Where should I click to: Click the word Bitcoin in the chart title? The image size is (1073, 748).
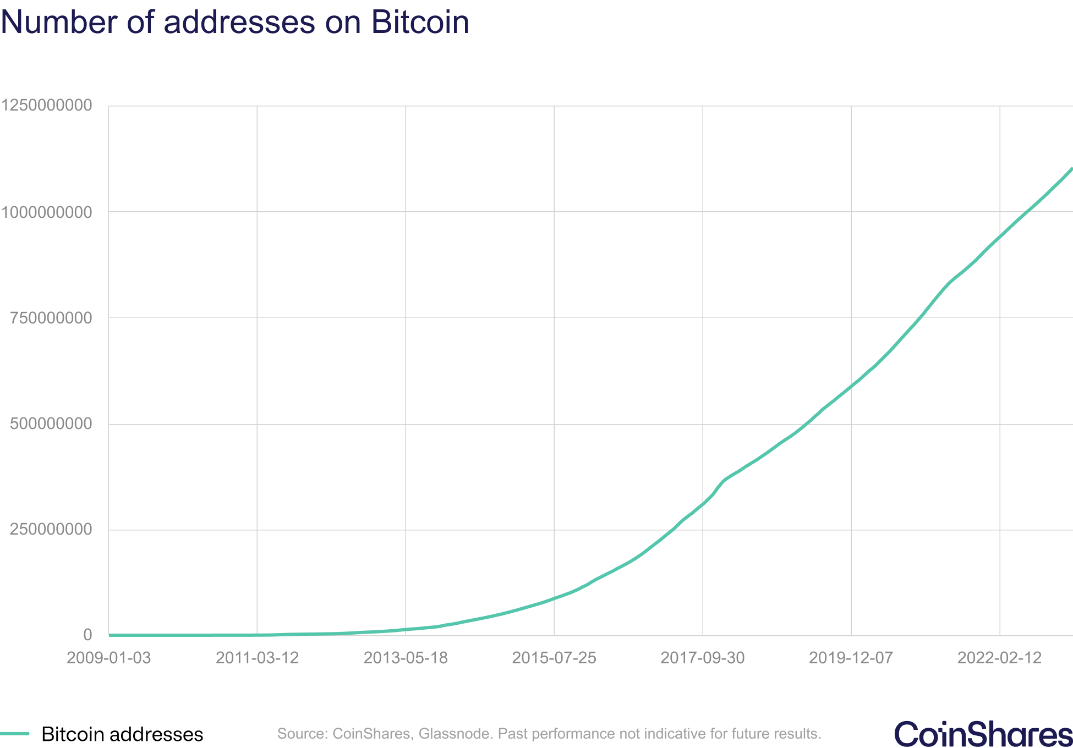click(420, 22)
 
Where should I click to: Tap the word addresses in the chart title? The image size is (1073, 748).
click(239, 22)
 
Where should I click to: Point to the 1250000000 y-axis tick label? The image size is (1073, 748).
click(46, 105)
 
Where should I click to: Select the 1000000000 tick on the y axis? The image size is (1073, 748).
click(46, 212)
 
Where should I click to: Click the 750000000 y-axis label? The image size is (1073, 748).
click(51, 317)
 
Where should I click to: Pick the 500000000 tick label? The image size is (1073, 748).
click(51, 424)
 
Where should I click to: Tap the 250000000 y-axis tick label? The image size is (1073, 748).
click(51, 530)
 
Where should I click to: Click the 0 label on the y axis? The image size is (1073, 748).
click(87, 635)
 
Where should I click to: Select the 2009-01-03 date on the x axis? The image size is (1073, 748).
click(108, 658)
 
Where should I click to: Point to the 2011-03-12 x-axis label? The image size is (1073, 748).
click(257, 658)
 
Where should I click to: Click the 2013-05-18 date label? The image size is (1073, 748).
click(406, 658)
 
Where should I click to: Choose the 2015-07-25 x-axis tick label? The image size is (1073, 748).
click(554, 658)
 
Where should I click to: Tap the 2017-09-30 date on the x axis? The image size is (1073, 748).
click(703, 658)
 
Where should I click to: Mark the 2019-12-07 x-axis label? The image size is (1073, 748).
click(851, 658)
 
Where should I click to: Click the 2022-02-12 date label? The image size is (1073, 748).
click(1000, 658)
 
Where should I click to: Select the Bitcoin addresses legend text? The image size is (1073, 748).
click(122, 734)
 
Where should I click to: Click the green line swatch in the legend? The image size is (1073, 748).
click(14, 734)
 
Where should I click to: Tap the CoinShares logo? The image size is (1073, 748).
click(983, 734)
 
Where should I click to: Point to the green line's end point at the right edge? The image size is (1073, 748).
click(1071, 169)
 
